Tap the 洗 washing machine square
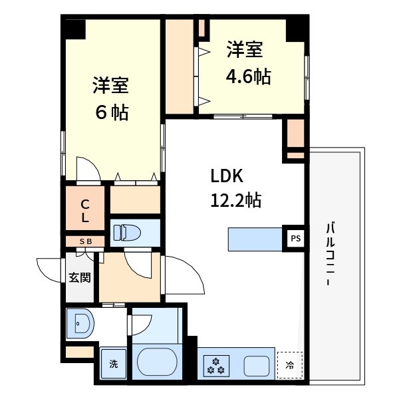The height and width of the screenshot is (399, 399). (113, 364)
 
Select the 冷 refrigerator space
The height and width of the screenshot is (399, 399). (289, 364)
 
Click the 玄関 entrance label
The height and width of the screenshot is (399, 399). (79, 277)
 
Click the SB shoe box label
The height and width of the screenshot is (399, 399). (86, 241)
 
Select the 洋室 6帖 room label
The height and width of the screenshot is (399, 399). (110, 98)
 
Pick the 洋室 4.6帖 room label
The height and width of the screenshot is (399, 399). (247, 64)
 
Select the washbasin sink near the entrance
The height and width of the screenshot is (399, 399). (80, 325)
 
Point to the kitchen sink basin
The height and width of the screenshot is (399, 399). (257, 365)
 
